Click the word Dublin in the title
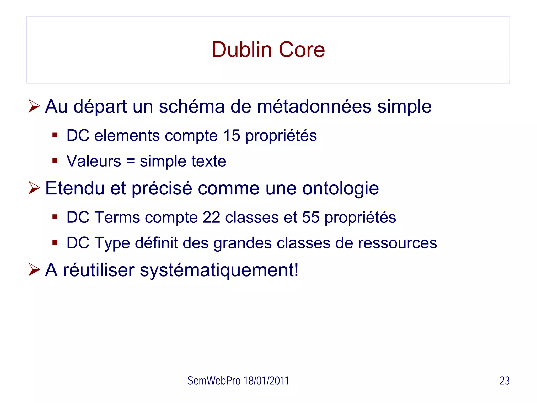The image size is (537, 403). pos(241,50)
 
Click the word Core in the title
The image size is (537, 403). pos(302,50)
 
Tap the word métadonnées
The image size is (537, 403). pos(314,107)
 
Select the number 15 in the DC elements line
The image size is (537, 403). pos(232,136)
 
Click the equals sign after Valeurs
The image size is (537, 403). pos(130,161)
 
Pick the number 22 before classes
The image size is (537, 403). pos(211,218)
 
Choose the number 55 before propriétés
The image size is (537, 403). pos(310,218)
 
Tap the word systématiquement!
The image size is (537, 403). pos(219,270)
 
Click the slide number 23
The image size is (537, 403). pos(504,381)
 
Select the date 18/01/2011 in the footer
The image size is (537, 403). pos(266,381)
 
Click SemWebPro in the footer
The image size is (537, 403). pos(214,381)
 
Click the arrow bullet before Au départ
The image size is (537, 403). pos(34,106)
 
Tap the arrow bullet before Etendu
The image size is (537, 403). pos(34,188)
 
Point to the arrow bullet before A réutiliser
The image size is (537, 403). pos(34,270)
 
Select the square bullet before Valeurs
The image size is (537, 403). pos(55,161)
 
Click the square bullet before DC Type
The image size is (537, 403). pos(55,242)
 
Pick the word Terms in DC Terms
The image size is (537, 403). pos(117,218)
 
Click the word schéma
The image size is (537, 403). pos(192,107)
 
